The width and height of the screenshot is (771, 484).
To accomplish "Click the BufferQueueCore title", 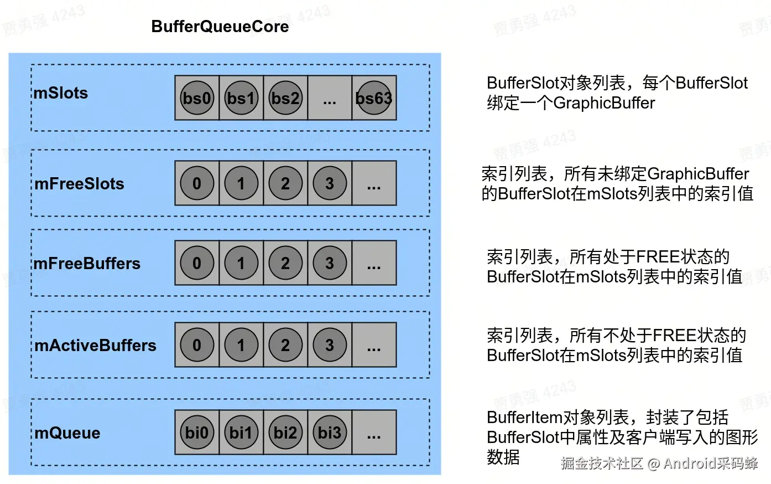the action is coord(220,27).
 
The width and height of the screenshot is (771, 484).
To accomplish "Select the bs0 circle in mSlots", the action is coord(197,98).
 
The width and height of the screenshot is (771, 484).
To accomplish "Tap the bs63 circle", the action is coord(374,98).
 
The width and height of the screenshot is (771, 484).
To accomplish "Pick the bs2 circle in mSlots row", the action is coord(285,98).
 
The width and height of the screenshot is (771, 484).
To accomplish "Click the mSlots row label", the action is coord(61,93).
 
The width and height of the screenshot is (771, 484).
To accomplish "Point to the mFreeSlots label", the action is coord(79,184).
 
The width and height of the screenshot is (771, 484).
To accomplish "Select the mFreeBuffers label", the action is coord(87,264).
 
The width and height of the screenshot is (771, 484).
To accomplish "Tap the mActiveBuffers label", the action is coord(95,346).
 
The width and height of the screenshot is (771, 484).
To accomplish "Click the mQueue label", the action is coord(67,433).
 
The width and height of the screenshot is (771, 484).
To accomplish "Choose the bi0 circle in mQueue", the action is coord(197,432).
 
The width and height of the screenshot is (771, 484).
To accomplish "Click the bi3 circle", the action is coord(330,432).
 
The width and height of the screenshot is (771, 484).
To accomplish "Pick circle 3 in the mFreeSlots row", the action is coord(330,183).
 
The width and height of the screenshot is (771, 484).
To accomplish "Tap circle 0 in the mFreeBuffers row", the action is coord(197,263).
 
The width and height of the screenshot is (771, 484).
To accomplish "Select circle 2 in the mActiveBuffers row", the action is coord(285,345).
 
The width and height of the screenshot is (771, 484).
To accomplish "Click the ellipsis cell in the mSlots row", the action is coord(330,98).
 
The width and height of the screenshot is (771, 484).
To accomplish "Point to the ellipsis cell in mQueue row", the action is coord(374,432).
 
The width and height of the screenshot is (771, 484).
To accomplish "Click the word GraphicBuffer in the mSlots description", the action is coord(604,103).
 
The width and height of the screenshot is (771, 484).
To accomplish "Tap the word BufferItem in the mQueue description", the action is coord(524,418).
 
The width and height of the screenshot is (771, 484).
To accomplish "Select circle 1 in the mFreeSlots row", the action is coord(241,183).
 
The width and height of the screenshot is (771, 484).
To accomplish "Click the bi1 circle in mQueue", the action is coord(241,432).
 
